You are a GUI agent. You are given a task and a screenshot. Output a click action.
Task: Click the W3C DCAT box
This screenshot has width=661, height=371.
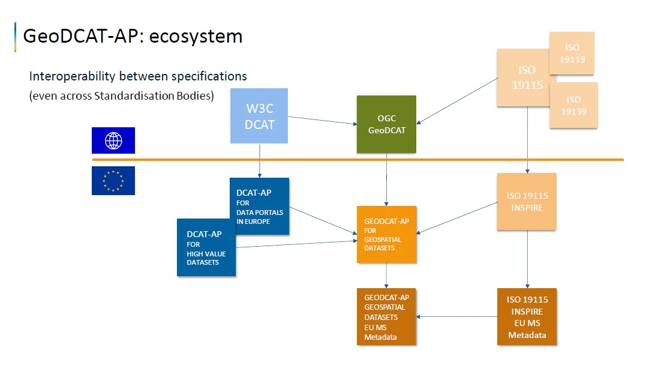pos(259,116)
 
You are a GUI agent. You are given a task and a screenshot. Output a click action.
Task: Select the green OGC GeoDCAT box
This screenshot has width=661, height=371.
pos(386,124)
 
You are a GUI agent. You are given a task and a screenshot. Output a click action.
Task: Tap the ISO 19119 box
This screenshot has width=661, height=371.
pos(572,53)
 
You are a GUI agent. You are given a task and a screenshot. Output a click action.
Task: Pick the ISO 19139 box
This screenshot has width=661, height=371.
pos(573,105)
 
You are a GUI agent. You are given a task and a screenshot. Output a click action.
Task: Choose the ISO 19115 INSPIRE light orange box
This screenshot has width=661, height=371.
pos(527,202)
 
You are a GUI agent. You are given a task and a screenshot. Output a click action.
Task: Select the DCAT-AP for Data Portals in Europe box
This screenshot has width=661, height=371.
pos(259,206)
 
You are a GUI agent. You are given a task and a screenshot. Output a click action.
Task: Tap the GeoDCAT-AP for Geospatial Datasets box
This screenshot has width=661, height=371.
pos(386,235)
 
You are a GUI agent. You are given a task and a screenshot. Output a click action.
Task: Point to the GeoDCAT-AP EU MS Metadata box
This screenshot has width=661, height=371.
pos(386,316)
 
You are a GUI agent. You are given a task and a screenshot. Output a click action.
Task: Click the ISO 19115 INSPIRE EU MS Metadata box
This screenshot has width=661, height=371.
pos(527,316)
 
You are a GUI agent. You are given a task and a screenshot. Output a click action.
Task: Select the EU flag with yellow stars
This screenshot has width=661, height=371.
pos(113,181)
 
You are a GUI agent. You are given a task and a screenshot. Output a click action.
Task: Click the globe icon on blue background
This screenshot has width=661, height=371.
pos(113,141)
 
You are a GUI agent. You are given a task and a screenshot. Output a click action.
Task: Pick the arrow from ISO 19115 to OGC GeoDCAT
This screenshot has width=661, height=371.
pos(459,101)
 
